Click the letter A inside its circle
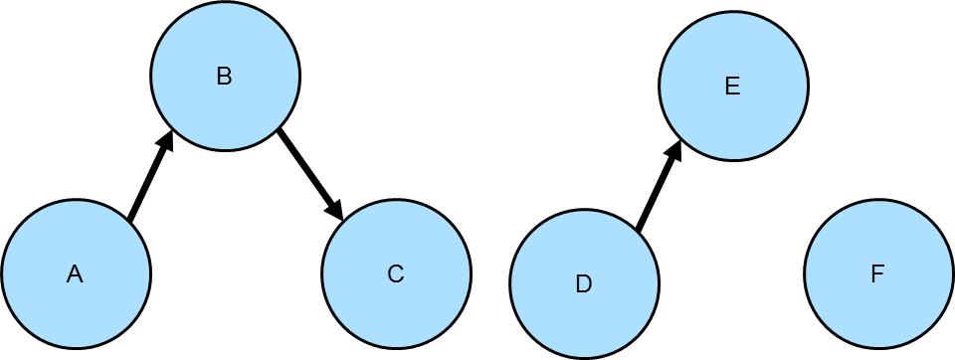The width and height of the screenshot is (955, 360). tap(75, 274)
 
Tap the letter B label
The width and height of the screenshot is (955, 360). tap(224, 77)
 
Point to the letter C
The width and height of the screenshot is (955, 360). tap(395, 274)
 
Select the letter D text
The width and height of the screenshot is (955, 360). tap(584, 284)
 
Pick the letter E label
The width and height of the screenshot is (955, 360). tap(732, 87)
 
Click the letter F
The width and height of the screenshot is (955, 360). tap(877, 274)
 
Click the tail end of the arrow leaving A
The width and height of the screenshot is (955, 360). tap(130, 218)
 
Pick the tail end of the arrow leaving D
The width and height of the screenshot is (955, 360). tap(639, 229)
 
